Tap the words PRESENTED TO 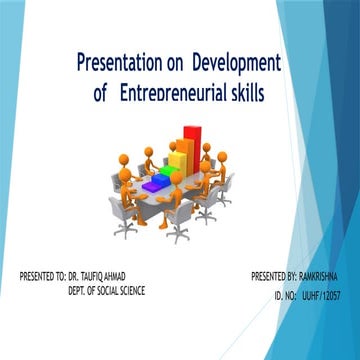pyautogui.click(x=41, y=275)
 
